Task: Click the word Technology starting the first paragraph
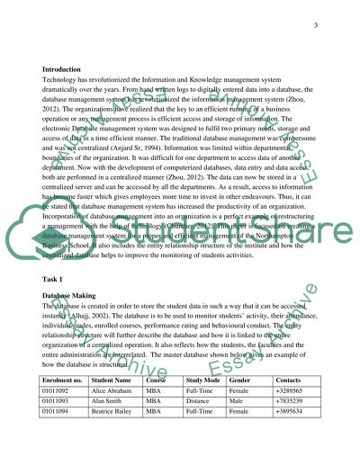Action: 61,79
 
